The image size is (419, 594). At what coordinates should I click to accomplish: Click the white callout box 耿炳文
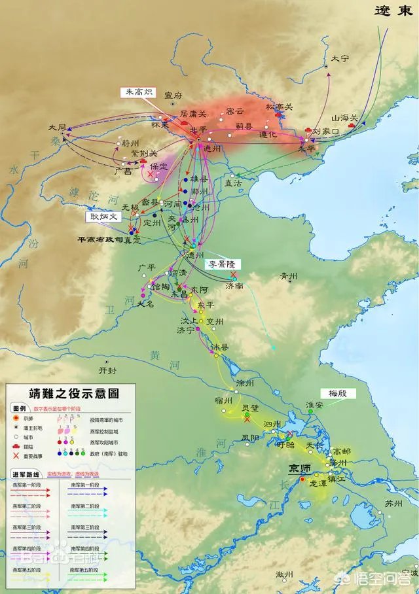click(104, 215)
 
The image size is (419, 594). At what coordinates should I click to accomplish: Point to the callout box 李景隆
click(222, 264)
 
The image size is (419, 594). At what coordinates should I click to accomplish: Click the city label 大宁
click(340, 58)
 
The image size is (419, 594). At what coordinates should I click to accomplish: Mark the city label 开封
click(107, 370)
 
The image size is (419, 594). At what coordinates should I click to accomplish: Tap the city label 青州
click(289, 275)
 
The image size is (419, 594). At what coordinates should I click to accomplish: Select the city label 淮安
click(314, 405)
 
